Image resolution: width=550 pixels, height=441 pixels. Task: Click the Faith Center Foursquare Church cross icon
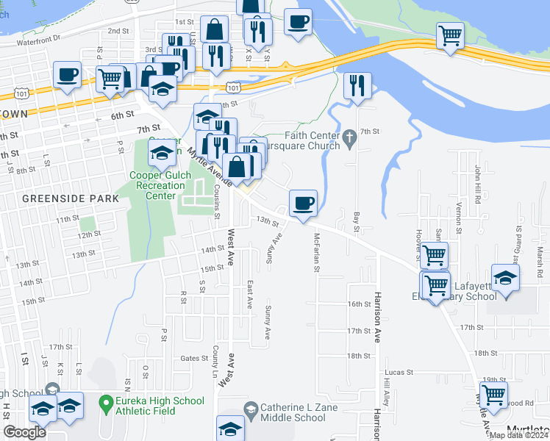(x=350, y=135)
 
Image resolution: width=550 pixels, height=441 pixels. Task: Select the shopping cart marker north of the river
(x=449, y=35)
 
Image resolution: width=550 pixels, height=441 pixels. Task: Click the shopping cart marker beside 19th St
(x=492, y=396)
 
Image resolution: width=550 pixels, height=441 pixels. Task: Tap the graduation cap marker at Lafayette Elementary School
(x=506, y=279)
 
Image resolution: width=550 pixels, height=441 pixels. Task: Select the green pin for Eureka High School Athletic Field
(x=106, y=402)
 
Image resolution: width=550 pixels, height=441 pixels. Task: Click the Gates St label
(x=195, y=358)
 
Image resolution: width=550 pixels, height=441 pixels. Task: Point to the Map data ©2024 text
(x=518, y=435)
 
